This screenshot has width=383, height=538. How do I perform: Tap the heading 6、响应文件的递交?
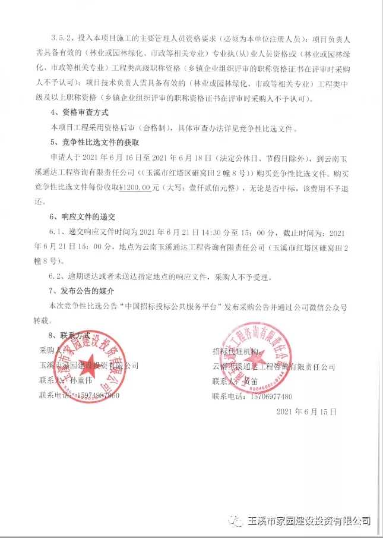coord(81,216)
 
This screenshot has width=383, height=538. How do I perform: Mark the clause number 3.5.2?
coord(61,39)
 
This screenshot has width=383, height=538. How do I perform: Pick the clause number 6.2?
coord(56,276)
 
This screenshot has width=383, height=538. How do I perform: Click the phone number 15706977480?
coord(268,395)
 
